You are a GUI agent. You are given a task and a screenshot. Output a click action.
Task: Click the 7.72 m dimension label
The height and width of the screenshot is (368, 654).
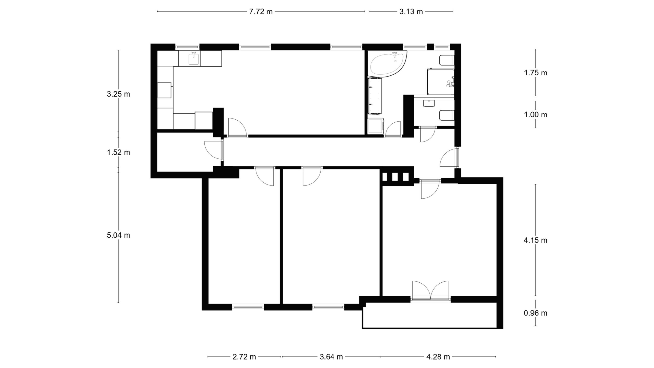coord(261,12)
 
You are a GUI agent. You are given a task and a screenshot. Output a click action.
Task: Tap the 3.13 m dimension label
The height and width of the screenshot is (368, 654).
coord(411,12)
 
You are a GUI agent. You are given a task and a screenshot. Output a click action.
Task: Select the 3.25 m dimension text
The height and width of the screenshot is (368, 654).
coord(119,94)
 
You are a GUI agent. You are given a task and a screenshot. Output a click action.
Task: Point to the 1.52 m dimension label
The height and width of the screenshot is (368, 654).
coord(119,153)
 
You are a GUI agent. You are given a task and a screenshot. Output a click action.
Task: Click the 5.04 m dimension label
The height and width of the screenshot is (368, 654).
coord(119,235)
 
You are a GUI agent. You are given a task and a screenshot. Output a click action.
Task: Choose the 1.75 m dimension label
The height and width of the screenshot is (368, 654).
coord(536,73)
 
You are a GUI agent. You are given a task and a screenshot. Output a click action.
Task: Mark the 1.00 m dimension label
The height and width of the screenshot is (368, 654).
coord(536,115)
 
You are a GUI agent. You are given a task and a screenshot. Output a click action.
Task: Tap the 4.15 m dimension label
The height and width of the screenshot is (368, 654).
coord(536,240)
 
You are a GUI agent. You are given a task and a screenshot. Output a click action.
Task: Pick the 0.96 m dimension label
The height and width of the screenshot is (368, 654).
coord(536,313)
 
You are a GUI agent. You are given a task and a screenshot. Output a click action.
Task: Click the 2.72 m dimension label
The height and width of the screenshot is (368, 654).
coord(244,357)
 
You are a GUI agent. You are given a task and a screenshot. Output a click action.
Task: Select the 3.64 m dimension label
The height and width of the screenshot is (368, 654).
coord(331,357)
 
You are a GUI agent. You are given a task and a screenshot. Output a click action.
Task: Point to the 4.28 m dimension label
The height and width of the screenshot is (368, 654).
coord(438,357)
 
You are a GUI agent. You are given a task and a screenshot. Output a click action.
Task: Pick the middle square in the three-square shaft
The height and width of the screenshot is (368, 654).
coord(395,177)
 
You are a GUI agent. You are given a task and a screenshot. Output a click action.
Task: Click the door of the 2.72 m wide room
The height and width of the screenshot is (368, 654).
coord(264,177)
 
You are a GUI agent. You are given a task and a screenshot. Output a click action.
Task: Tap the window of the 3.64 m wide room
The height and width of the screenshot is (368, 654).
coord(328,307)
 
